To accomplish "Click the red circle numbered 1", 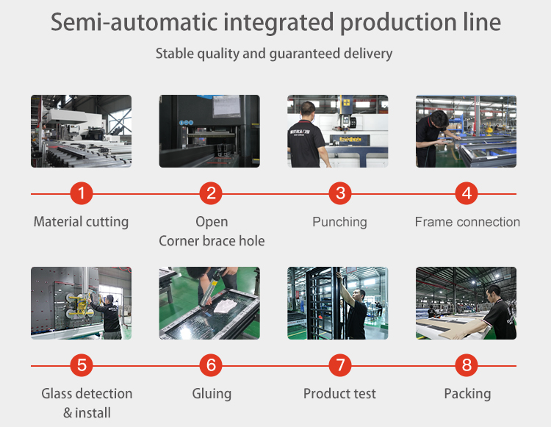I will [x=82, y=194].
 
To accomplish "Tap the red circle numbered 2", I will [x=211, y=194].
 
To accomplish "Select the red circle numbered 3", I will [x=339, y=194].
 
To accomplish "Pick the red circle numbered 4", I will [x=467, y=194].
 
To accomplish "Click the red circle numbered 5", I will [x=82, y=365].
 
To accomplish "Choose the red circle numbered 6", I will [x=211, y=365].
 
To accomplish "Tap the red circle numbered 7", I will [x=339, y=365].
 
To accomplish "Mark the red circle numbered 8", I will [x=467, y=365].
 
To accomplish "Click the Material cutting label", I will [x=81, y=222].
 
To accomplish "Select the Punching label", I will [x=339, y=222].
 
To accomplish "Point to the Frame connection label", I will [x=467, y=222].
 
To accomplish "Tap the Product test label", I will [x=339, y=394].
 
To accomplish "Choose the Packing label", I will [x=467, y=394].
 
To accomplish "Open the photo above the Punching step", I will [x=338, y=131].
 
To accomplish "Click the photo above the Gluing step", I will [x=209, y=303].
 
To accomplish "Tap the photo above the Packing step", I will [x=466, y=303].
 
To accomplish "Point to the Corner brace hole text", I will [x=212, y=241].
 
